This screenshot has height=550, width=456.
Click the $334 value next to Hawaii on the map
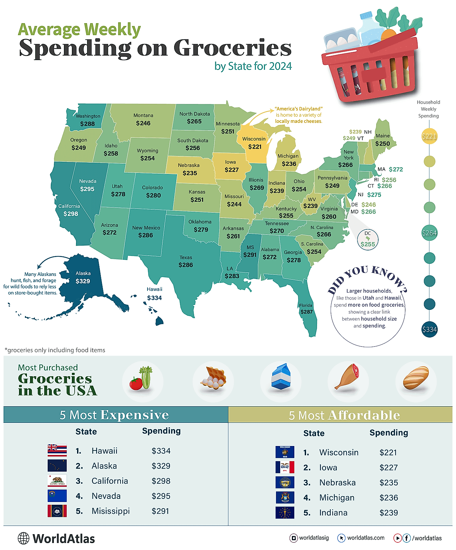pos(154,298)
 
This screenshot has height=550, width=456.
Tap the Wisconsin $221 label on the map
pos(254,143)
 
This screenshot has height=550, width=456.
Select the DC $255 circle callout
pos(368,239)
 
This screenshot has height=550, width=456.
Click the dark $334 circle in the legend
pos(429,329)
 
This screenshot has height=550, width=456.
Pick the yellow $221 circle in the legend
pos(429,136)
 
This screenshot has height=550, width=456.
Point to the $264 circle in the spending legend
pos(429,233)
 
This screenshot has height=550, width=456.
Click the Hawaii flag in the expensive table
pos(57,451)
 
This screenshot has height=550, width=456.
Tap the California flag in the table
pos(57,481)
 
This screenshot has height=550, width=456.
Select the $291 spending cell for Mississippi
pos(161,511)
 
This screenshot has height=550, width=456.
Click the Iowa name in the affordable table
pos(328,467)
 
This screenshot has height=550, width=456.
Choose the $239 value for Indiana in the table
pos(389,513)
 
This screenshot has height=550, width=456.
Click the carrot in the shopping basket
pos(388,35)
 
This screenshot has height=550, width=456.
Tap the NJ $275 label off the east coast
pos(374,195)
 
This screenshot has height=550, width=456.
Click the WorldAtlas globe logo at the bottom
pos(23,538)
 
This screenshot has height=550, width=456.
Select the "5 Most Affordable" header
pos(344,415)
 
